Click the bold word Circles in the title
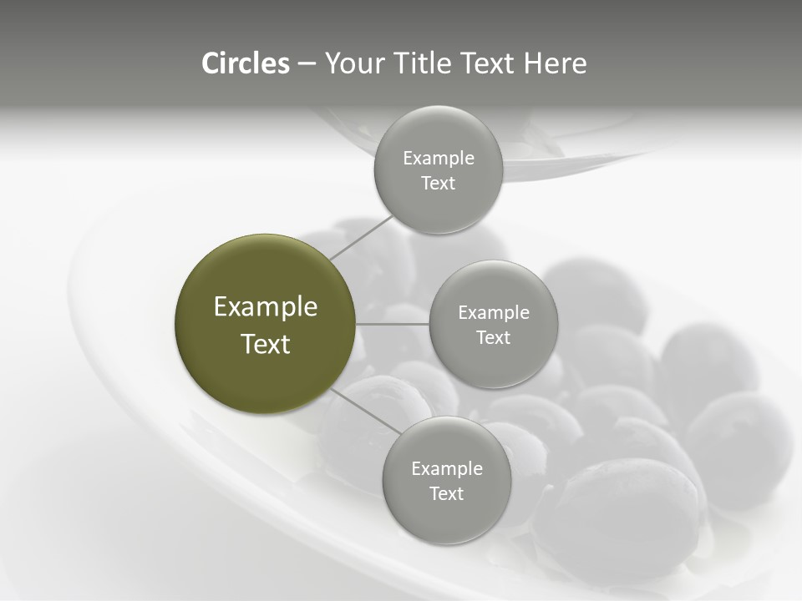(245, 63)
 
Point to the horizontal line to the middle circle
(393, 324)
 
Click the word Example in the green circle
(266, 307)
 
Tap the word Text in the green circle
(266, 344)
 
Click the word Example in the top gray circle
(438, 159)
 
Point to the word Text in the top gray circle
(438, 184)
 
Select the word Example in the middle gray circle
(493, 313)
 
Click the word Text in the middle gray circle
(493, 338)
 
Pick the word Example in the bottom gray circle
(446, 469)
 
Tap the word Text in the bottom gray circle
(446, 494)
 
